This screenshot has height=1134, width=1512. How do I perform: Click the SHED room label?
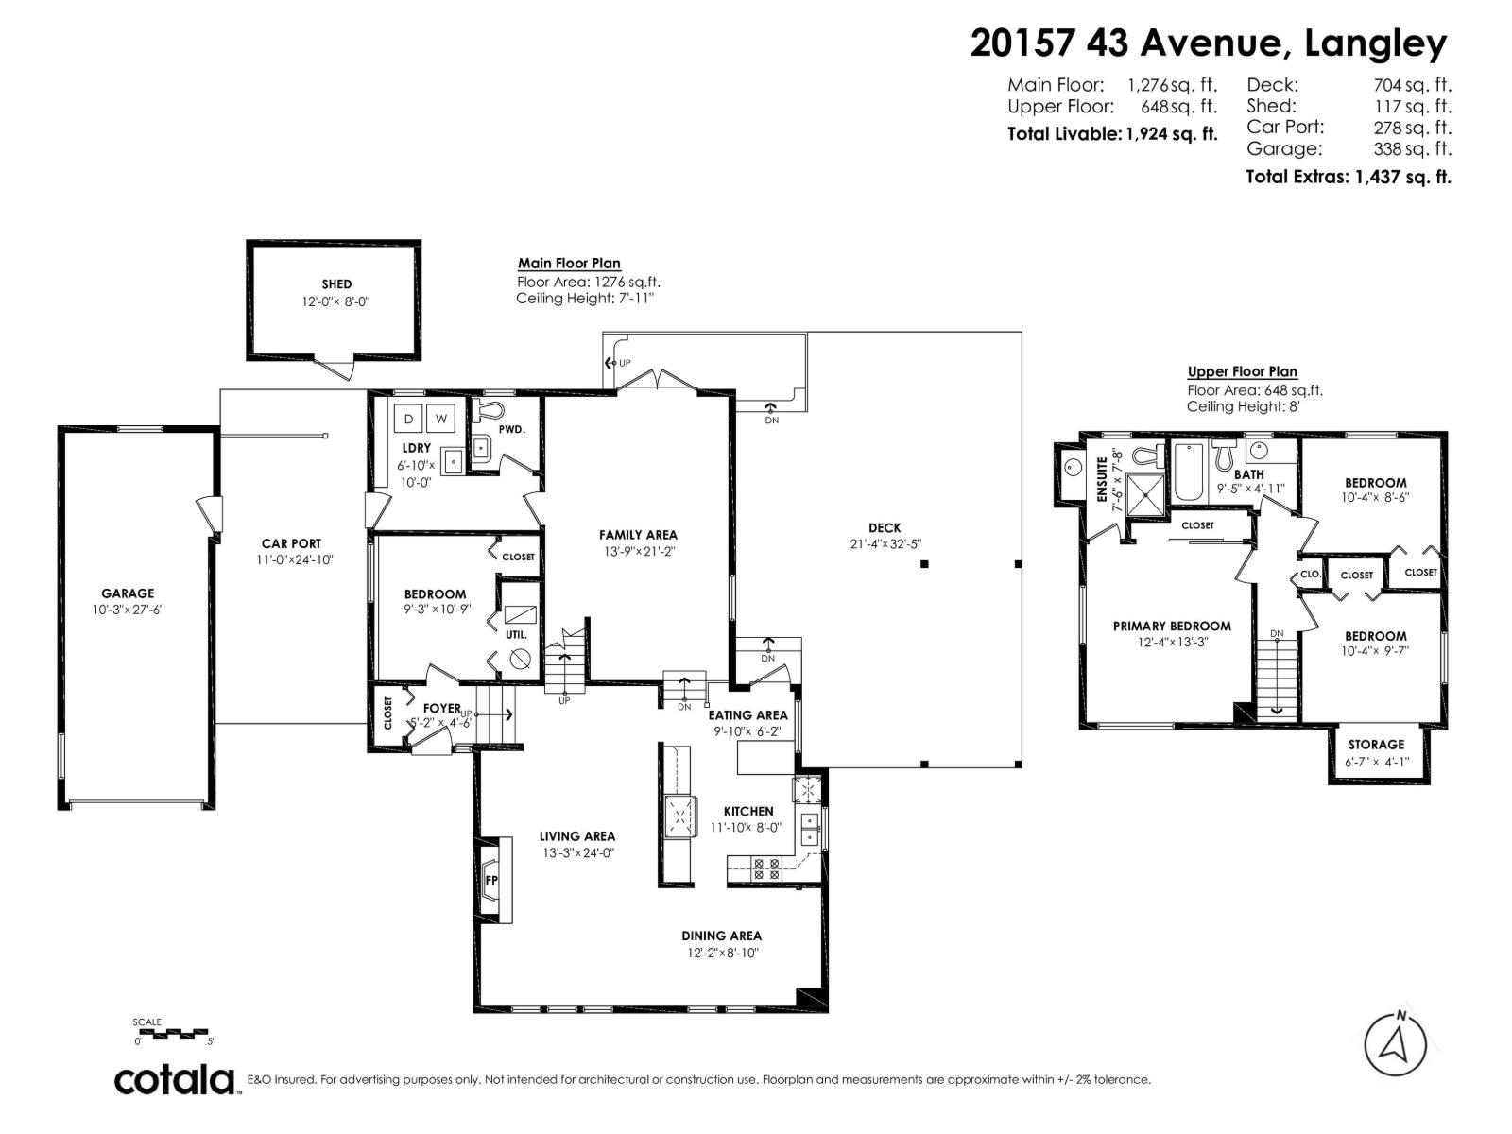coord(335,283)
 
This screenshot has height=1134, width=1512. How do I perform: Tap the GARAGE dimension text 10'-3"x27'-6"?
coord(128,610)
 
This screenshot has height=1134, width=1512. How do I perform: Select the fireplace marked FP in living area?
coord(491,881)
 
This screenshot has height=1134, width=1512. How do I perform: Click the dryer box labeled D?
coord(409,419)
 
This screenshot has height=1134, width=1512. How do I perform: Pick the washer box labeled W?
coord(441,419)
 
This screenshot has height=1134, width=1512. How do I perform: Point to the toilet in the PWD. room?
coord(490,411)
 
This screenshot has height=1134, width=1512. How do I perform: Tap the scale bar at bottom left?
coord(175,1033)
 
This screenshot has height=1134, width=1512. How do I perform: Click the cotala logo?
coord(175,1079)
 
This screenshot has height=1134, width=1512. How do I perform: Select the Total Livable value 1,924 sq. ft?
coord(1170,134)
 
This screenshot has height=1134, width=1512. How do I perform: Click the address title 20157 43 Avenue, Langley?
coord(1208,43)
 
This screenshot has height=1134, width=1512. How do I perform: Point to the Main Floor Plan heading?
coord(569,264)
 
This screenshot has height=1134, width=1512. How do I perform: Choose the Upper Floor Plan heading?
coord(1242,371)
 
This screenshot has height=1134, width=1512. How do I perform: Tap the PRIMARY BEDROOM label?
coord(1172,626)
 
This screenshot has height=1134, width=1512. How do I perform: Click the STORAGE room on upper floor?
coord(1376,752)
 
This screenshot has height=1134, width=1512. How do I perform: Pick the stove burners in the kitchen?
coord(765,868)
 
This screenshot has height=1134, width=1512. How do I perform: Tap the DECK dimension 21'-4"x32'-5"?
coord(885,543)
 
